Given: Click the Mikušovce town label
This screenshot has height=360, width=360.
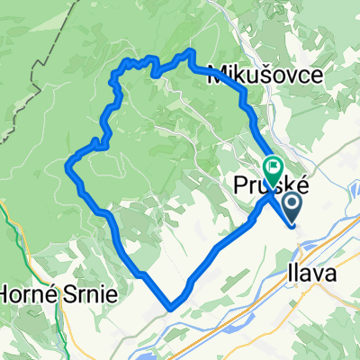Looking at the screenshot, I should [265, 76].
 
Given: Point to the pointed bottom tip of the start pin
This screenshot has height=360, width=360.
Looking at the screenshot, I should [294, 225].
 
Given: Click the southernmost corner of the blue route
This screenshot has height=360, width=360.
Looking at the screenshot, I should [171, 308].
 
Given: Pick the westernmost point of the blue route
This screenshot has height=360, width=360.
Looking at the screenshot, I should [68, 163].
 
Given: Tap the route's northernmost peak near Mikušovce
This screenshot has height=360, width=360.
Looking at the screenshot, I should [190, 54].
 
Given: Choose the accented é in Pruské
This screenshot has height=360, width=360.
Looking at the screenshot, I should [305, 186].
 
